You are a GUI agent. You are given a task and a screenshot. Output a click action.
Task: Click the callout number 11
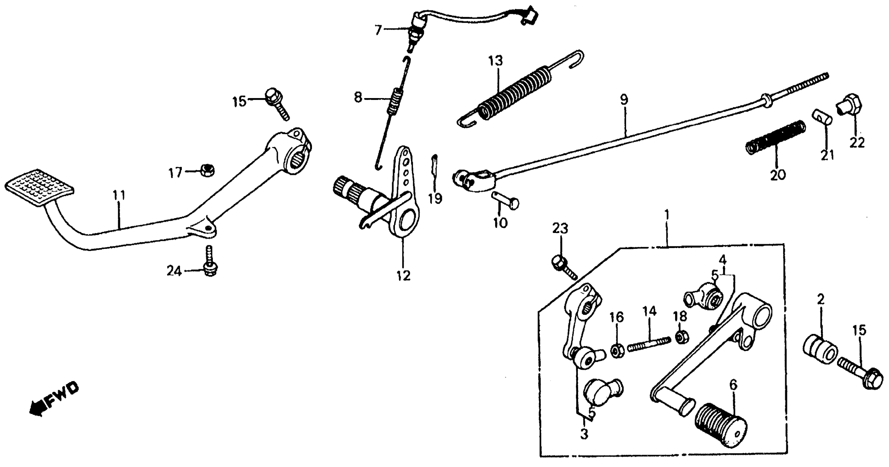(119, 196)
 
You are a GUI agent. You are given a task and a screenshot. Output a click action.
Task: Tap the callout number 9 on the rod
(624, 100)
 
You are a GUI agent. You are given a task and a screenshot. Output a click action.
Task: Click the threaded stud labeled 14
(649, 344)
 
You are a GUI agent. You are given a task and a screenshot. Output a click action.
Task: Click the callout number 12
(403, 276)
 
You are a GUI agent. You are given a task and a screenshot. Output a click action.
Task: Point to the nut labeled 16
(616, 351)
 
